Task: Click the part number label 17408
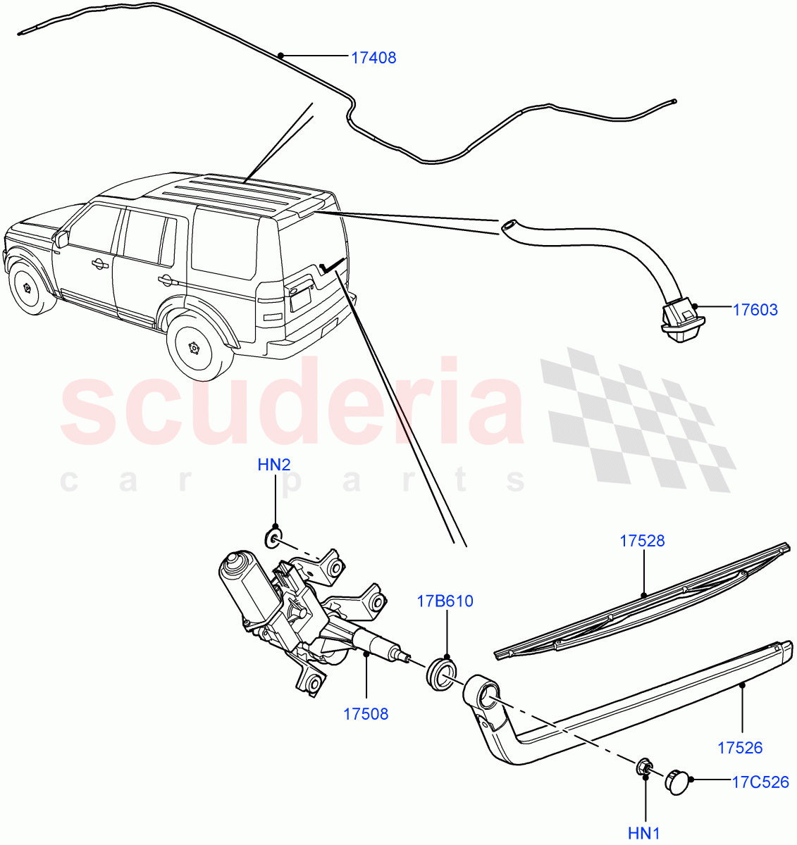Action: click(x=373, y=58)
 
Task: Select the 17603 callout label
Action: click(x=755, y=309)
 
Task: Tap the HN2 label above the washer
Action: click(x=274, y=465)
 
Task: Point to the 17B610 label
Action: click(x=445, y=601)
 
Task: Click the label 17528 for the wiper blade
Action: click(x=642, y=541)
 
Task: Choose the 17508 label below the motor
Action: click(x=366, y=713)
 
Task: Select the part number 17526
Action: click(x=740, y=748)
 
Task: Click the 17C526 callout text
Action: click(x=760, y=782)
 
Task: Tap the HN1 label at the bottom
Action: click(x=644, y=834)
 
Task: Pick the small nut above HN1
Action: click(x=644, y=768)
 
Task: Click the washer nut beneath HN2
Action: click(x=273, y=539)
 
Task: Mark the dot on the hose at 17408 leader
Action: click(x=280, y=55)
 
